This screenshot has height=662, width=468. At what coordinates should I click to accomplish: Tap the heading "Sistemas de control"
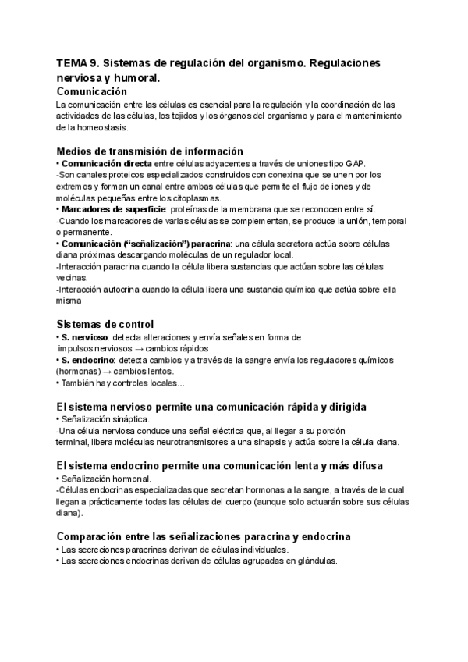tap(105, 324)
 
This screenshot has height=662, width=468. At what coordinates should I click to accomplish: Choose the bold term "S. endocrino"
tap(87, 360)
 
